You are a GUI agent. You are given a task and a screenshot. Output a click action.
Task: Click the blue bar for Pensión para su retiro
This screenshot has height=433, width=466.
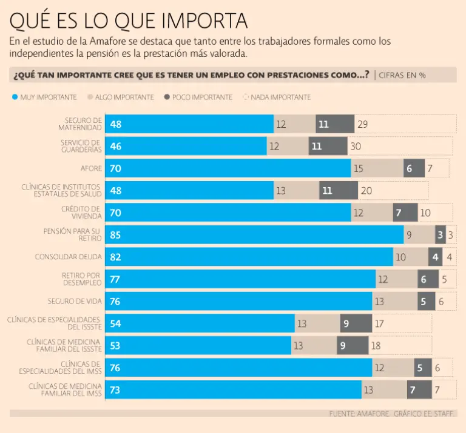[254, 234]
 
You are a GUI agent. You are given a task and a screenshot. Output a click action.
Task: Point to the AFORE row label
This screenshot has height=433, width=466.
[91, 168]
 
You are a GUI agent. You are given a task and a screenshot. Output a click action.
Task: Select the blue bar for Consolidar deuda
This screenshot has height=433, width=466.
[249, 257]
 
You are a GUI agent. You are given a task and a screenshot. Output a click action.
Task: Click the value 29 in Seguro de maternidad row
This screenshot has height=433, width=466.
[363, 124]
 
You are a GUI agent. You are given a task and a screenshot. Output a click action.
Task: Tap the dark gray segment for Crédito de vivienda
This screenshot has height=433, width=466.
[405, 213]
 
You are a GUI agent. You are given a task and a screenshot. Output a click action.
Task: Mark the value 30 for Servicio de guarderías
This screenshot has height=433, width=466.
[356, 147]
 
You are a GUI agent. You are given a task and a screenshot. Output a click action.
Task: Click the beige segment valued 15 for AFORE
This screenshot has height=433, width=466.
[377, 168]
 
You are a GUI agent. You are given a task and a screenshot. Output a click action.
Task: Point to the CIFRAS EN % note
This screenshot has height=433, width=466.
[402, 75]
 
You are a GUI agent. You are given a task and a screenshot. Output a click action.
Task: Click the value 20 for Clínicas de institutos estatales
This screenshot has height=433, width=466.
[366, 191]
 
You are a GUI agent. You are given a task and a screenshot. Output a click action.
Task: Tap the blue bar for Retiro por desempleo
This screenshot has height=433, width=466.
[240, 279]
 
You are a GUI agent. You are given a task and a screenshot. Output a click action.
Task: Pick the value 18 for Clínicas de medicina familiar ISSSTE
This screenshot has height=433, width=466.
[376, 345]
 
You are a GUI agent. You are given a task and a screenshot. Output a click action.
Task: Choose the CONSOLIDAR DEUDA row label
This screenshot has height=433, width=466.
[68, 257]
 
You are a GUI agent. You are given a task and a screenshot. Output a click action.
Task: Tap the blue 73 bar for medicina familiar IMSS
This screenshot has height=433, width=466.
[234, 390]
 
